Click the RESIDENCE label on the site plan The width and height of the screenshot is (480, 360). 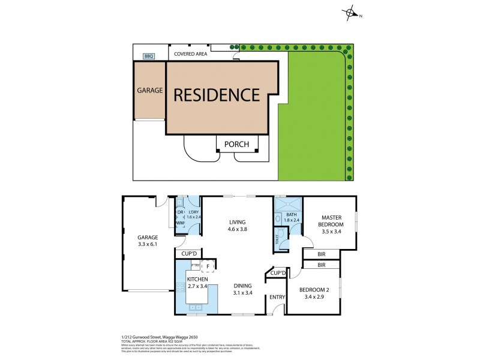[217, 95]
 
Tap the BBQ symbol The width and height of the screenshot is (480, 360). [148, 56]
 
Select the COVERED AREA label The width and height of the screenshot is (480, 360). [190, 54]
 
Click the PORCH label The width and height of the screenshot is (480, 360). [236, 144]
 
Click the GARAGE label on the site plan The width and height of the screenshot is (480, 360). [150, 91]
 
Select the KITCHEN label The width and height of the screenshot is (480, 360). [197, 280]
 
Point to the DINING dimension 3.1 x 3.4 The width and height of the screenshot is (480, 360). [242, 293]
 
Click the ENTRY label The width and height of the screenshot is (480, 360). [277, 297]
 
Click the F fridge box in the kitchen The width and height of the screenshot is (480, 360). [206, 265]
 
